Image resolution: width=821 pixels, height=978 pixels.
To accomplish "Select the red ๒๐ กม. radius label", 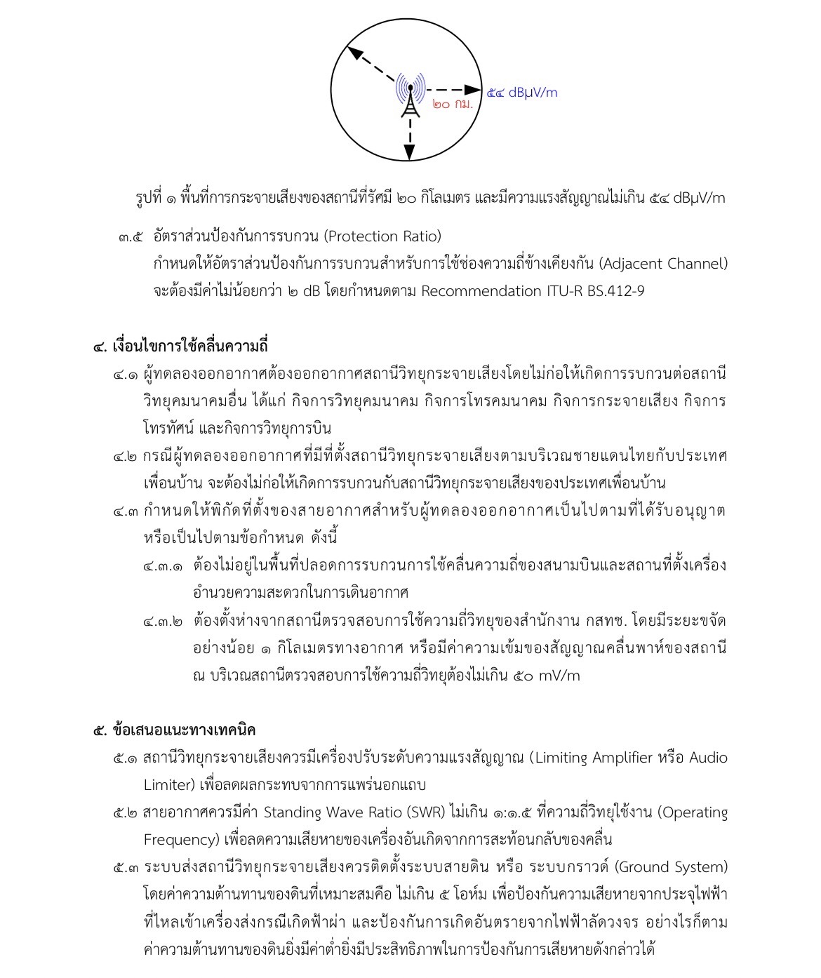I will coord(452,105).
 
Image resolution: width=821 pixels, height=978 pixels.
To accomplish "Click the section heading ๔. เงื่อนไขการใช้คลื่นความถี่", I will coord(182,346).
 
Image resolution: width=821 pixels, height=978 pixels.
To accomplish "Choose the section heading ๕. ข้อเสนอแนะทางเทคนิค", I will coord(175,730).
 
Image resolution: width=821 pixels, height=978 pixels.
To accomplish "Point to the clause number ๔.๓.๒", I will coord(162,621).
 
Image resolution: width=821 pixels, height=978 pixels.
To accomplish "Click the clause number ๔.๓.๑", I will coord(162,565).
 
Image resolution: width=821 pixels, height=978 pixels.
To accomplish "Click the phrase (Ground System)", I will coord(671,867).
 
